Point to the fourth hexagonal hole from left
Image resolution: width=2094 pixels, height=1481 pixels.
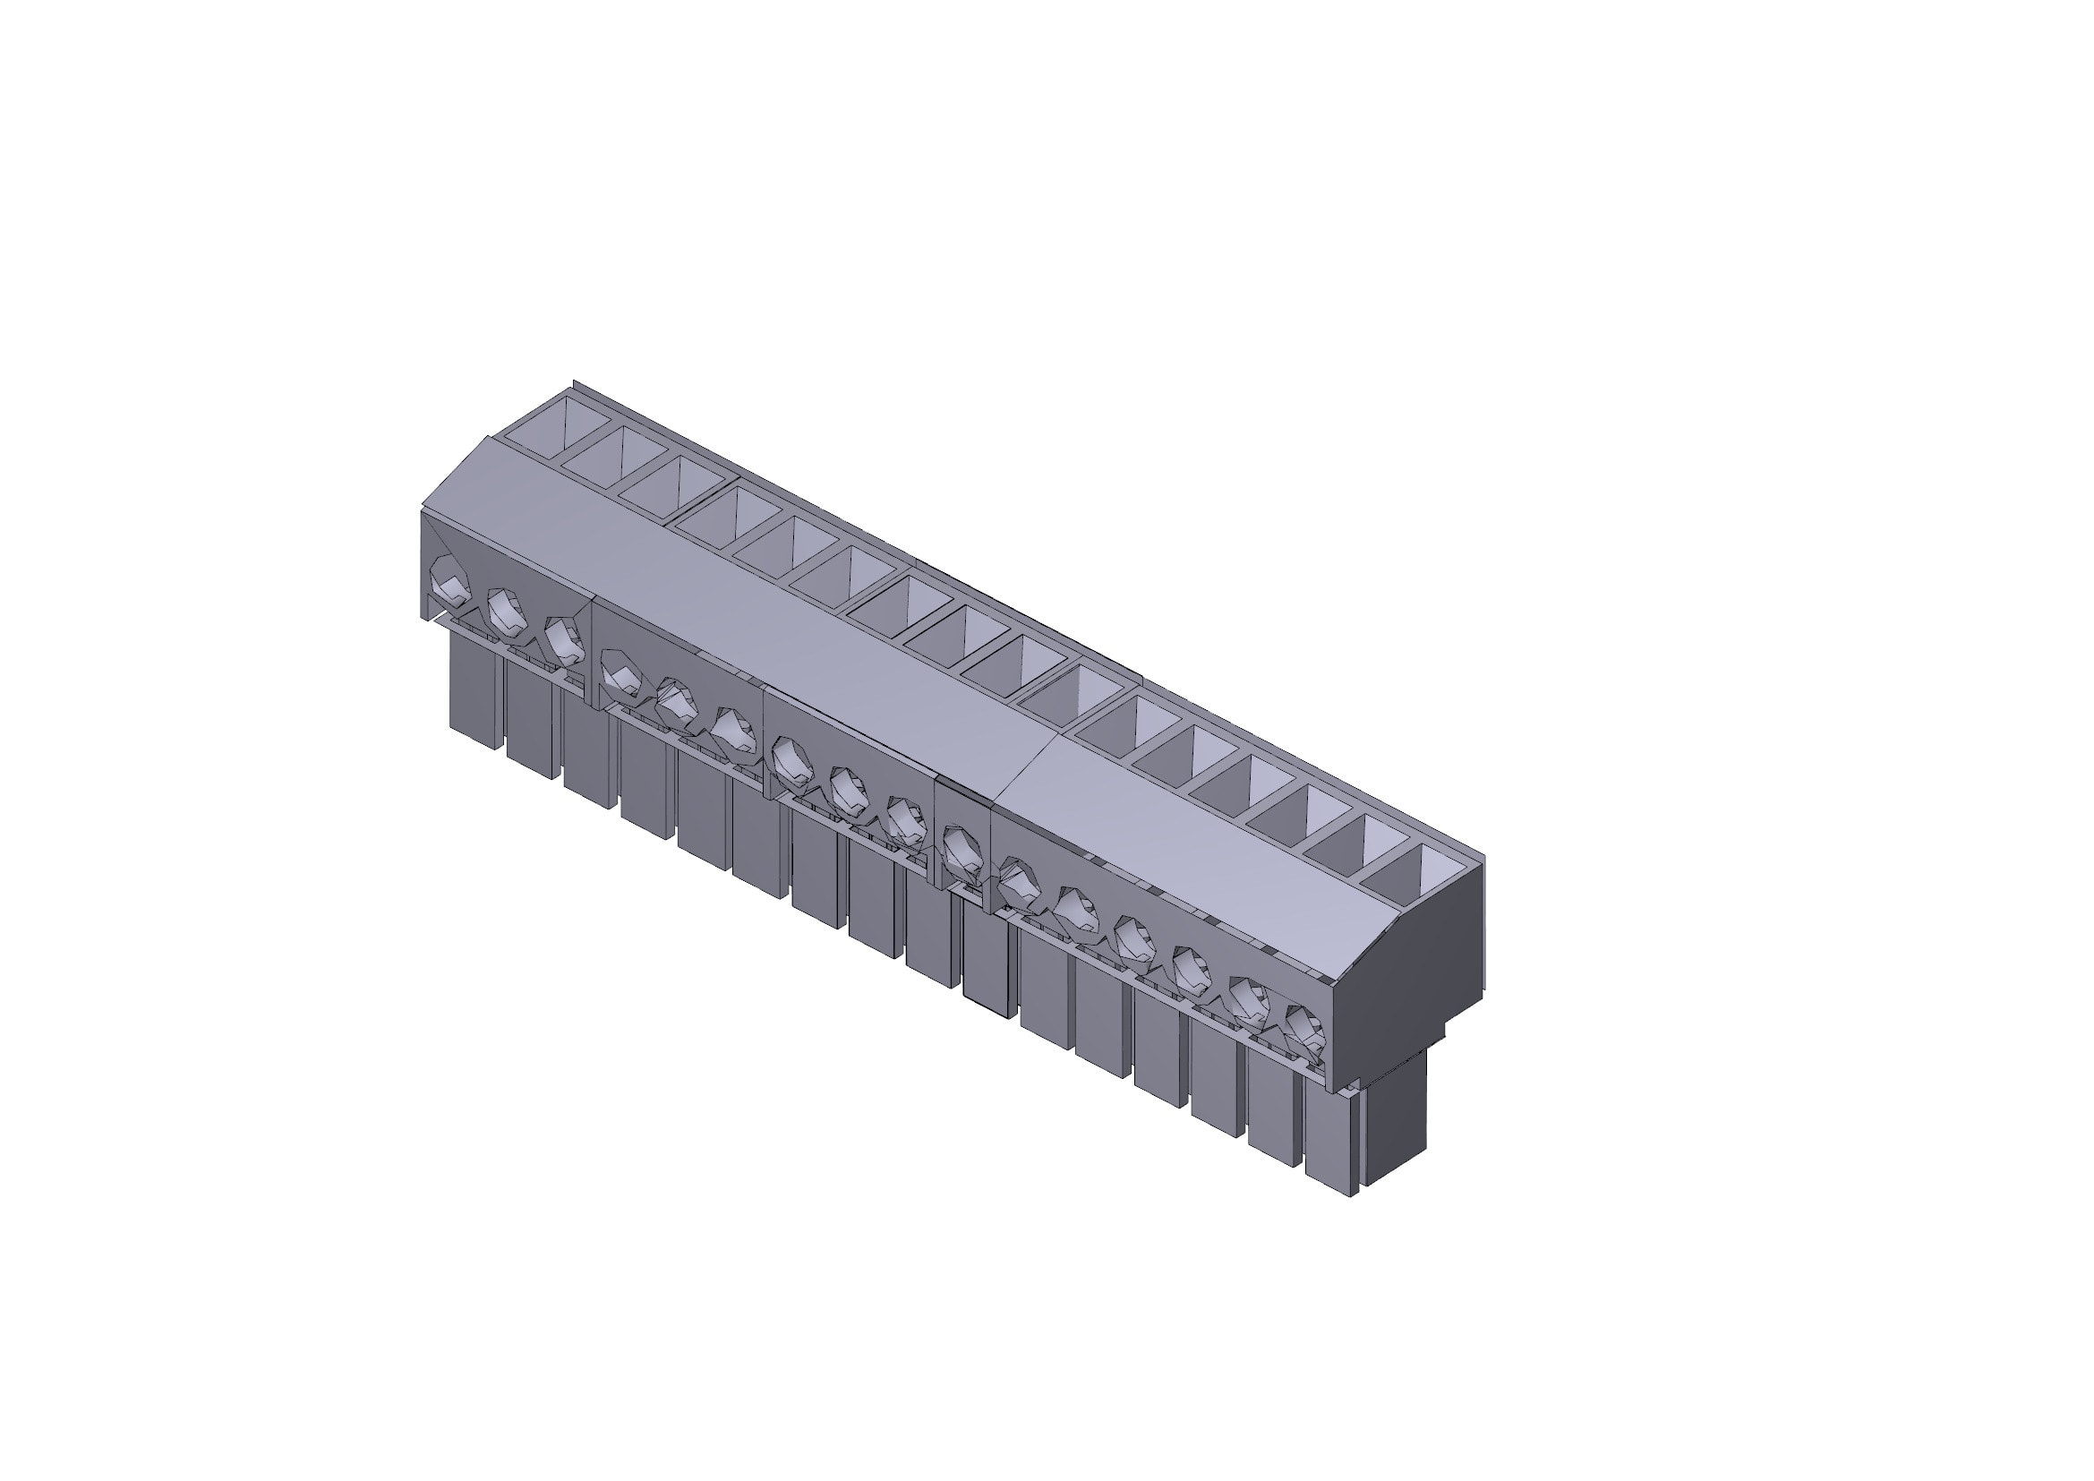coord(623,673)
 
